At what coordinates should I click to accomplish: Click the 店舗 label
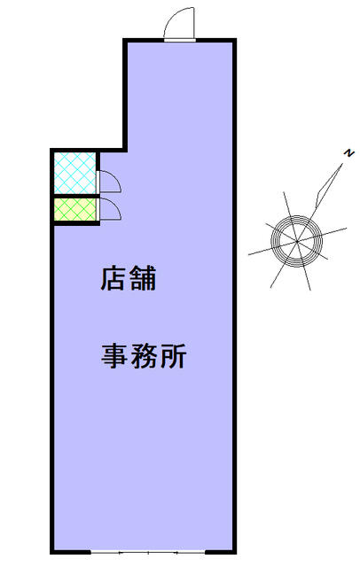128,278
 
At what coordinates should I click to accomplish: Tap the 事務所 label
144,356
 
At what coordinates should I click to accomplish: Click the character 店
113,278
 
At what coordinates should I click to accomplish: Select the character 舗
143,278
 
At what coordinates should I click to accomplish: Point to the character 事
114,356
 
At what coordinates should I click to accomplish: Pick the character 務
144,356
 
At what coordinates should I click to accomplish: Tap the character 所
173,356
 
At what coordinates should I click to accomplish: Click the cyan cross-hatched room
74,174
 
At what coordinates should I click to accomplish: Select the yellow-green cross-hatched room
74,209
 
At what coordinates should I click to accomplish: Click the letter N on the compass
348,153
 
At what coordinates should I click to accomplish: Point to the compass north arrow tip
342,164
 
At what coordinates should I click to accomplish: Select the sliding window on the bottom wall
147,553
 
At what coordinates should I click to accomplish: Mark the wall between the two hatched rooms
74,196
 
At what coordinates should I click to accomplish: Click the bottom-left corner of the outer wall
52,552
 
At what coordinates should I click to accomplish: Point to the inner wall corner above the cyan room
125,150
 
